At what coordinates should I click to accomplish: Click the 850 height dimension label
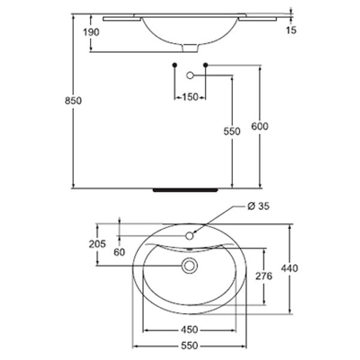click(x=73, y=101)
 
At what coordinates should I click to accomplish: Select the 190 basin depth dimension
click(x=91, y=32)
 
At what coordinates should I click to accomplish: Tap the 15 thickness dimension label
click(x=291, y=30)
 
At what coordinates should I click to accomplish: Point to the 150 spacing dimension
click(x=190, y=97)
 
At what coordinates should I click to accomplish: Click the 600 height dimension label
click(x=260, y=127)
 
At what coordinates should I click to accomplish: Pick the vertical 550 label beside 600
click(x=232, y=131)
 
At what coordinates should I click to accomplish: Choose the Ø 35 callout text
click(x=259, y=206)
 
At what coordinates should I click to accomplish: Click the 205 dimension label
click(x=97, y=244)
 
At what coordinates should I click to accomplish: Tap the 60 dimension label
click(x=119, y=253)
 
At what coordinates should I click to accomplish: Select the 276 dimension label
click(x=264, y=276)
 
